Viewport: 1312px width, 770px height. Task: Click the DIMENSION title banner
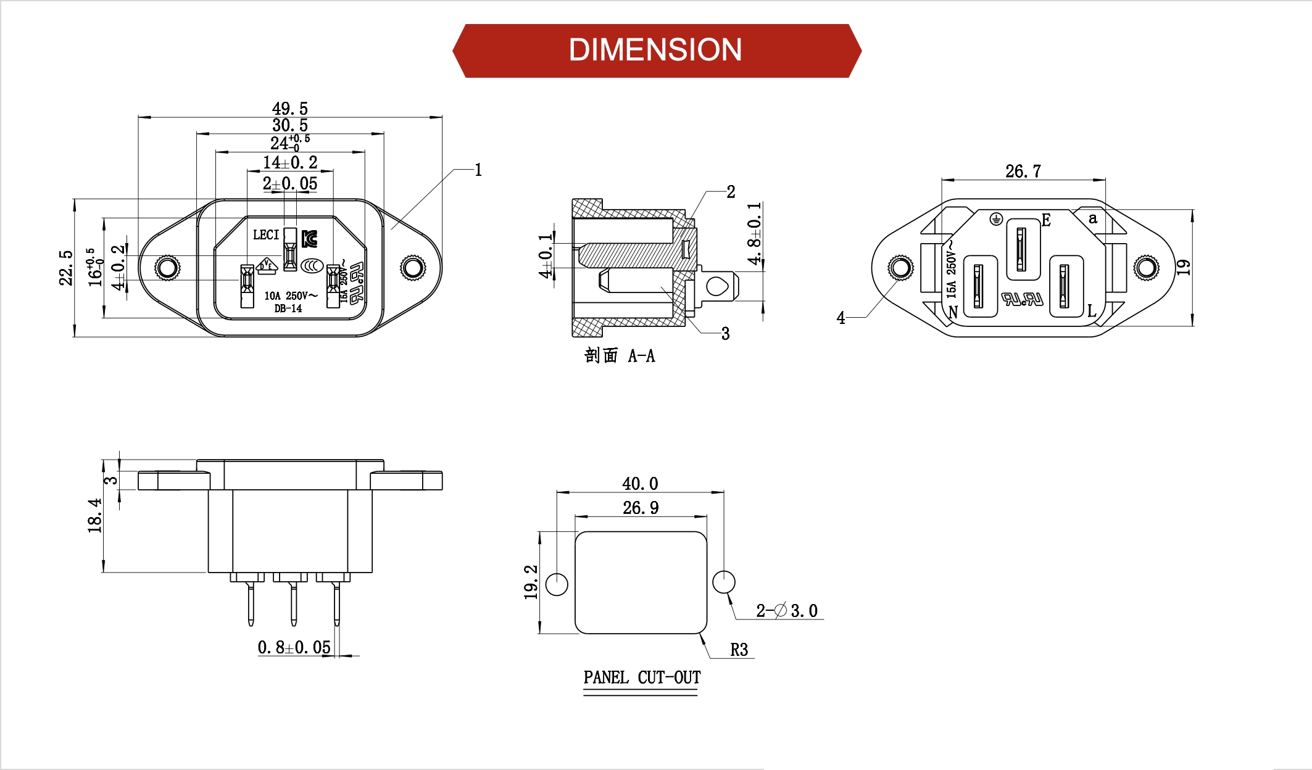pos(655,50)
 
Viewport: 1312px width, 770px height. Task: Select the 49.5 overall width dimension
pos(289,109)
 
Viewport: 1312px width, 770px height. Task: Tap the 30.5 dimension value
pos(289,125)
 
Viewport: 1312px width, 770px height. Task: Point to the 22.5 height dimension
pos(66,268)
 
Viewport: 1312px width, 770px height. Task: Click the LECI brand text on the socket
pos(266,235)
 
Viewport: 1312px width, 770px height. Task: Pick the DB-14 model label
pos(288,308)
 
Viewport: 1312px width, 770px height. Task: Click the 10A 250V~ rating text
pos(291,296)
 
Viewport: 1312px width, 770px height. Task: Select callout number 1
pos(478,170)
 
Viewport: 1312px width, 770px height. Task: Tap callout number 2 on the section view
pos(731,192)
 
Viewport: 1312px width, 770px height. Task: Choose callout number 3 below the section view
pos(725,334)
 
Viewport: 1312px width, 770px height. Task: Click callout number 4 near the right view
pos(841,318)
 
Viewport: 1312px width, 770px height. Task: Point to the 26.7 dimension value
pos(1023,172)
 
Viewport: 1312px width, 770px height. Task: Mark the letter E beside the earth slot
pos(1046,220)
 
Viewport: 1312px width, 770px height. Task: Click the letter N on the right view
pos(953,312)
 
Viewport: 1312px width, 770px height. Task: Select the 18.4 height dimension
pos(94,516)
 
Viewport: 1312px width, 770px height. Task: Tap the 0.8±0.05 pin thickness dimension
pos(294,648)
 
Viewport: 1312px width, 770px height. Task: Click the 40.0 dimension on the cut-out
pos(640,484)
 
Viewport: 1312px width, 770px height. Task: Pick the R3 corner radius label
pos(739,650)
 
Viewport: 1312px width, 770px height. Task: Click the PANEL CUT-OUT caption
pos(642,677)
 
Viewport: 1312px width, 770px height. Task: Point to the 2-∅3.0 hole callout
pos(787,611)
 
